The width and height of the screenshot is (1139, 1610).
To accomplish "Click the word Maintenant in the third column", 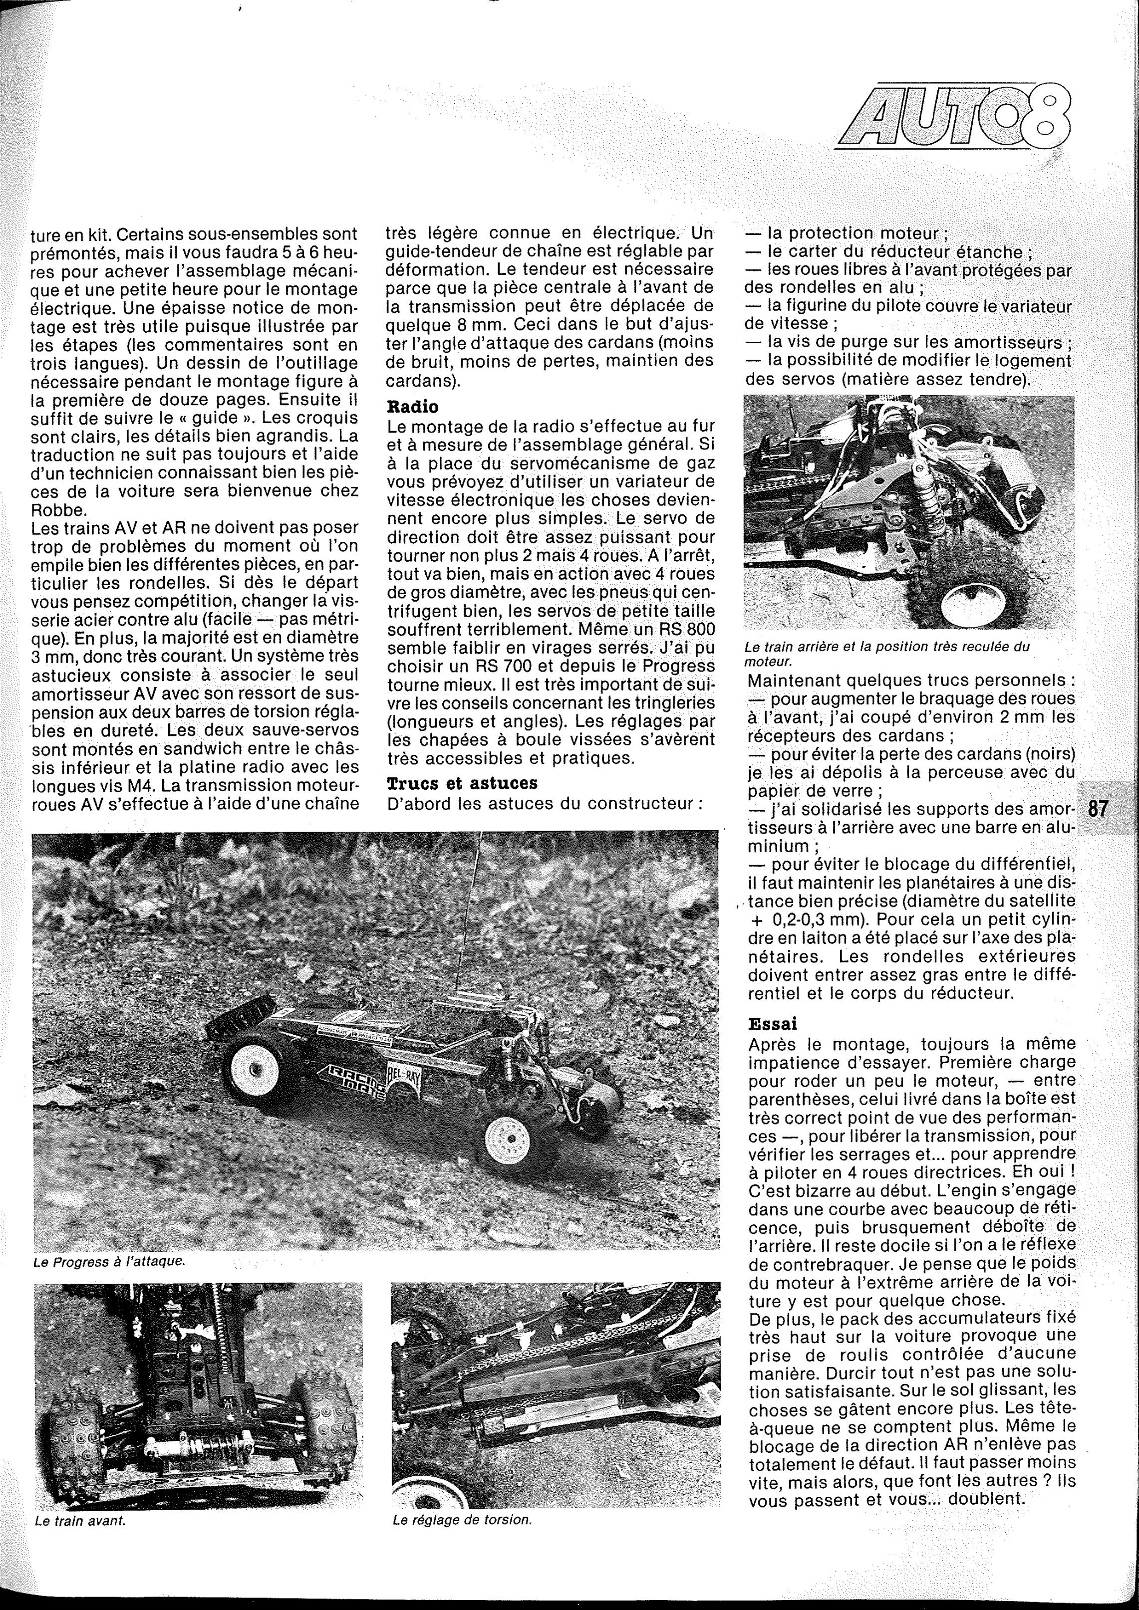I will point(794,681).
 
